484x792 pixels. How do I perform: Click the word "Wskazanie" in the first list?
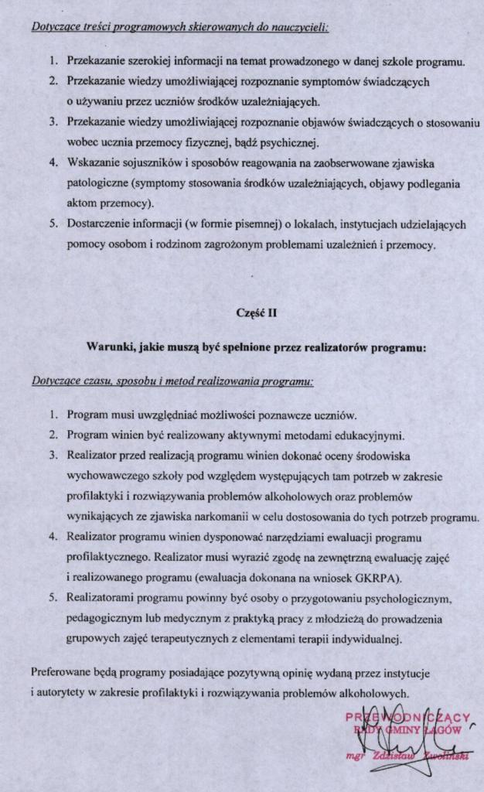click(x=93, y=164)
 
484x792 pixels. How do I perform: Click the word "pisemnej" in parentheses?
click(x=244, y=225)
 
